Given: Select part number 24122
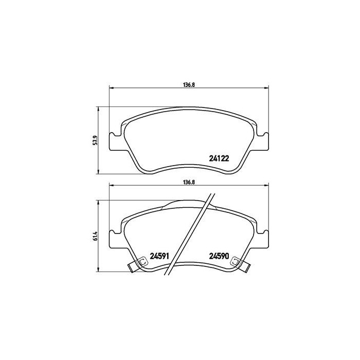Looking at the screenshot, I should pyautogui.click(x=219, y=158).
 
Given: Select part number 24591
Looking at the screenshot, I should pyautogui.click(x=159, y=256).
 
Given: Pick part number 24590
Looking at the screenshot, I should pyautogui.click(x=219, y=256).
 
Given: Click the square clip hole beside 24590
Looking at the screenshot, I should pyautogui.click(x=237, y=261).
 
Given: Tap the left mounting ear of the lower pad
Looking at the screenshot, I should pyautogui.click(x=114, y=238).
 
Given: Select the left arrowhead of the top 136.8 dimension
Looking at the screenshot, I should pyautogui.click(x=110, y=88).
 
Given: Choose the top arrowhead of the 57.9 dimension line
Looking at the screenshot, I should pyautogui.click(x=99, y=109).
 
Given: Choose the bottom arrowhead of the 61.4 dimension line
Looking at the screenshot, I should pyautogui.click(x=99, y=272).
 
